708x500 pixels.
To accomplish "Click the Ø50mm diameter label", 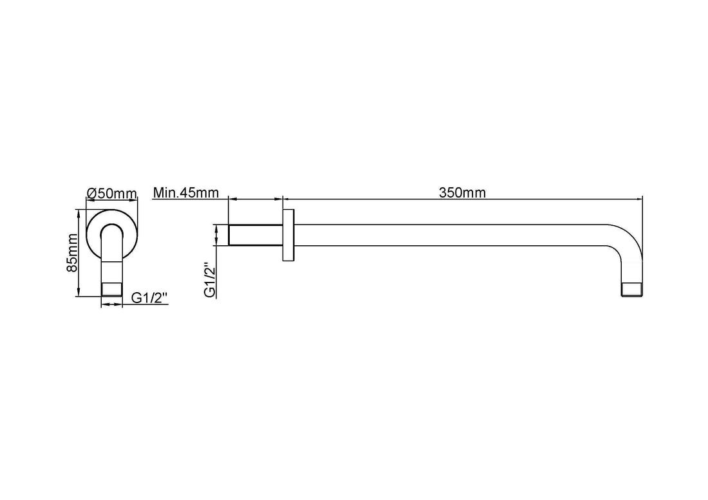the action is coord(111,193).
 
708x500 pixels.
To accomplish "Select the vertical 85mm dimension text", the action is coord(72,252).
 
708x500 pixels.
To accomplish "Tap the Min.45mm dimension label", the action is coord(185,192).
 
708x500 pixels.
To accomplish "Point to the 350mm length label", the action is coord(462,192).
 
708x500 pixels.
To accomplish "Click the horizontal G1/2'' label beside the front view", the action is coord(149,298).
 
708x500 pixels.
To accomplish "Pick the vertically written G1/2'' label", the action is coord(210,280).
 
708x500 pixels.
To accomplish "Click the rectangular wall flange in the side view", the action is coord(288,235).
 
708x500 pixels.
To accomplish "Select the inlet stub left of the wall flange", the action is coord(256,235).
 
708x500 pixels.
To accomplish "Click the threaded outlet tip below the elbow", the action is coord(632,290).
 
